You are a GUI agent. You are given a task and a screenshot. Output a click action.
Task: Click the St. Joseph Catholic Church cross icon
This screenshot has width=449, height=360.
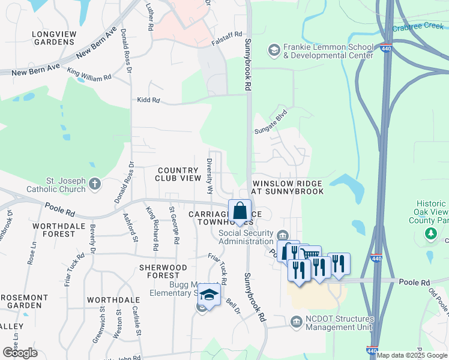click(95, 184)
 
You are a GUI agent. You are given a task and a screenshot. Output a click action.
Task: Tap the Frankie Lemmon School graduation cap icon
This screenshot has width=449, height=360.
click(274, 49)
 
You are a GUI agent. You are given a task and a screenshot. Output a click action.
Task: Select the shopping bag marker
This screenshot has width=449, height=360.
click(240, 212)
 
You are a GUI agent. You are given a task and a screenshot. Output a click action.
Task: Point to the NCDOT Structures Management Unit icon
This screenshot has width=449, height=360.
click(296, 323)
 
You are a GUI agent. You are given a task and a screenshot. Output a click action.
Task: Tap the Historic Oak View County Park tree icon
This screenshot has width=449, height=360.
click(429, 233)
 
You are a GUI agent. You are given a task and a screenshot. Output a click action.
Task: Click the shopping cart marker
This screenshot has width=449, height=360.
click(310, 256)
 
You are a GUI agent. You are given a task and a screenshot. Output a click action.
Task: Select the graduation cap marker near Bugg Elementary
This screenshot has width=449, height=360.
click(208, 295)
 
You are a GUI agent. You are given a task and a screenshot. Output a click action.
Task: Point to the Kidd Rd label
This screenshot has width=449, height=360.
click(148, 100)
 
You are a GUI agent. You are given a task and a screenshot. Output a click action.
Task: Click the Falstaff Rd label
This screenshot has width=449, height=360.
click(227, 35)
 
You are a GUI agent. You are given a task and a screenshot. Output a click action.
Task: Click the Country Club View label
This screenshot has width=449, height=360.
click(177, 174)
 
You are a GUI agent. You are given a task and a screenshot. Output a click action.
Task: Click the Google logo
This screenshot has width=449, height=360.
click(20, 352)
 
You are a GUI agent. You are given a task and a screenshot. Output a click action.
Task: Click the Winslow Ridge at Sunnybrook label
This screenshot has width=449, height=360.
click(288, 187)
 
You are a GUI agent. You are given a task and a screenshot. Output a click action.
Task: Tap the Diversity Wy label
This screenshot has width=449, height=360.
click(210, 175)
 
